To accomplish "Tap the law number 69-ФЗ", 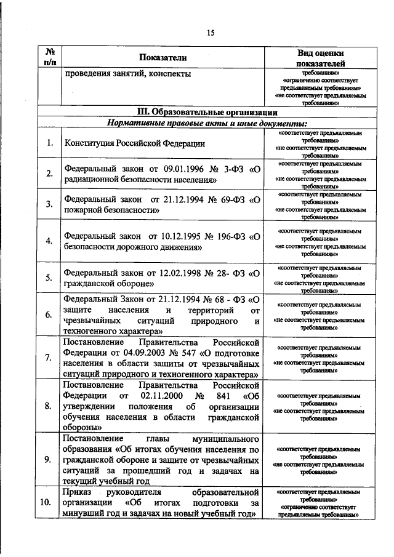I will click(230, 200).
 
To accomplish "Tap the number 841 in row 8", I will click(219, 395).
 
